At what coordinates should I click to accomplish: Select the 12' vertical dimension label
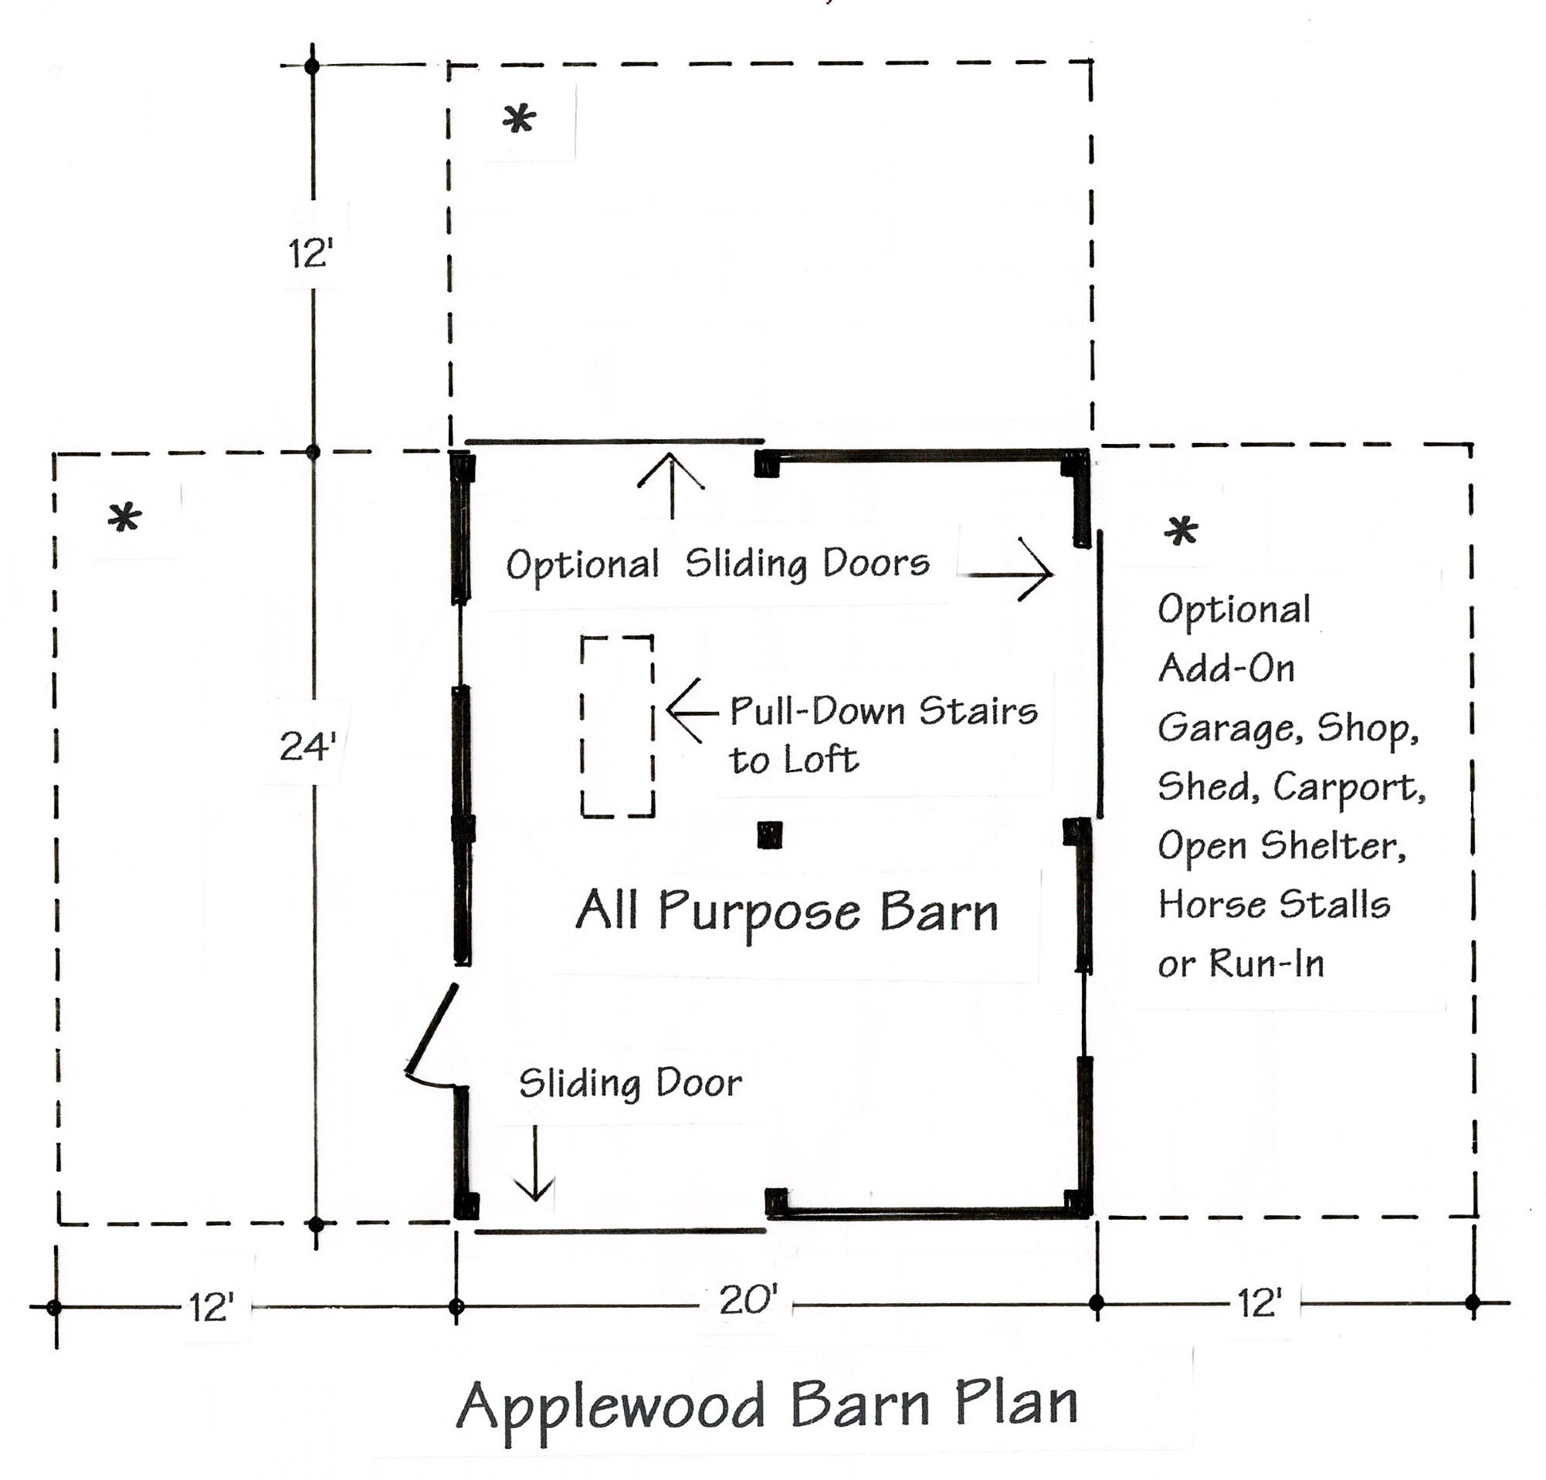(310, 254)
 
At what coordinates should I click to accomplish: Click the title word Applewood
(611, 1405)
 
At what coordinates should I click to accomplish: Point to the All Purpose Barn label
(786, 913)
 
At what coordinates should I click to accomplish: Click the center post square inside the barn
(769, 835)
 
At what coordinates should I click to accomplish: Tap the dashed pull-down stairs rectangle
(618, 726)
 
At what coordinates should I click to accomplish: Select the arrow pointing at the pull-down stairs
(692, 712)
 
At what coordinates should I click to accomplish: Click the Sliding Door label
(629, 1083)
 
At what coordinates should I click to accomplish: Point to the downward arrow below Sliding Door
(535, 1163)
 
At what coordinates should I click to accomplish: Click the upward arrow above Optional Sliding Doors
(671, 485)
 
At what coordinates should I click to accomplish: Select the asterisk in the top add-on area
(519, 120)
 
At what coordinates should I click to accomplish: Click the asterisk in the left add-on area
(124, 518)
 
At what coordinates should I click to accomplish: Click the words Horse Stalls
(1274, 904)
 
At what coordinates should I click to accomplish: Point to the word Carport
(1349, 786)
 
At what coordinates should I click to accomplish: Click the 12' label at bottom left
(212, 1307)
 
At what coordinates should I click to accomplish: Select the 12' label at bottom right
(1260, 1303)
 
